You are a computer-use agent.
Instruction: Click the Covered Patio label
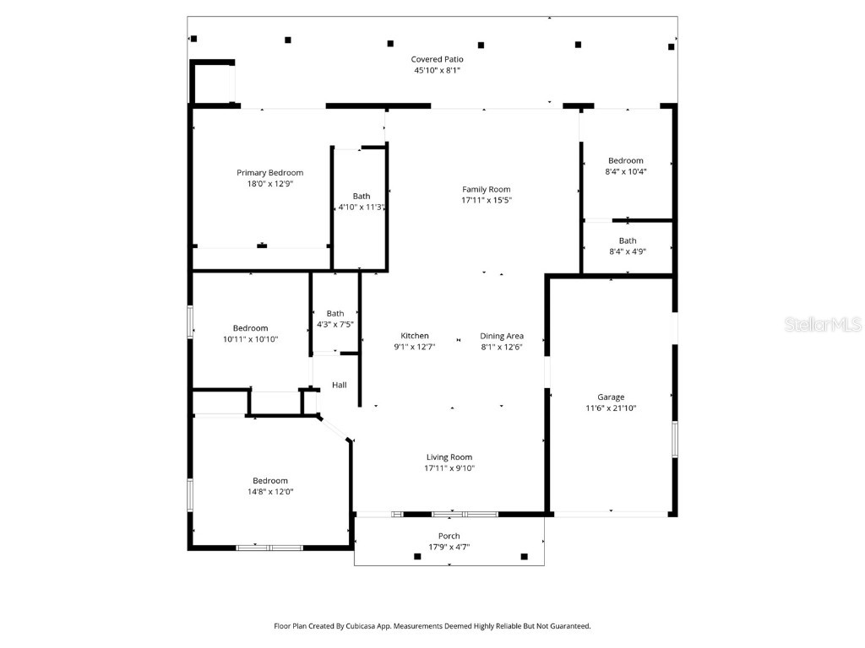click(437, 59)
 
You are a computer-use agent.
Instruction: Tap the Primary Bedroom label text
click(269, 173)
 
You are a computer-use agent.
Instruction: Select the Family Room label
click(486, 190)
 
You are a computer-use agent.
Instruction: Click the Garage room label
click(611, 397)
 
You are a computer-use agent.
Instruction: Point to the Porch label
click(449, 537)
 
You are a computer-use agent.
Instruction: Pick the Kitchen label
click(415, 336)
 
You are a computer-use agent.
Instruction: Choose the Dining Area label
click(502, 336)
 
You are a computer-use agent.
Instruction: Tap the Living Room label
click(449, 457)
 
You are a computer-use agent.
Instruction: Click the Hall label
click(339, 386)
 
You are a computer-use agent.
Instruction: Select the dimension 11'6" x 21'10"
click(611, 408)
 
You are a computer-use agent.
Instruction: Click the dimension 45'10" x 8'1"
click(437, 71)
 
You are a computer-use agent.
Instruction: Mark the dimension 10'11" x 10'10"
click(250, 339)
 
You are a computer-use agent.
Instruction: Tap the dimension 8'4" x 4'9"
click(627, 251)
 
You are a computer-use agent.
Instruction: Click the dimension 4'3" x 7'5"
click(335, 324)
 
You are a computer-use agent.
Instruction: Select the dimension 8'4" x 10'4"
click(626, 171)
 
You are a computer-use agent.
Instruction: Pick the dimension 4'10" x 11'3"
click(362, 207)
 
